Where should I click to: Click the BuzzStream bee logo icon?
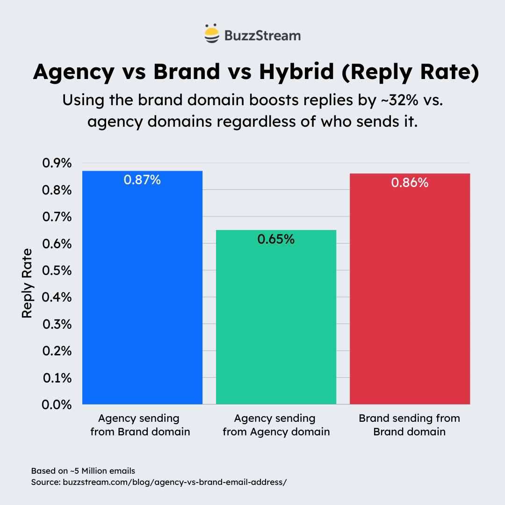coord(212,34)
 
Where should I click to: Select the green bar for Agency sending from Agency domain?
coord(276,323)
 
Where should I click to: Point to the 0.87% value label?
coord(142,180)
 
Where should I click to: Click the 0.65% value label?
coord(276,239)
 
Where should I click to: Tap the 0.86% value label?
coord(410,183)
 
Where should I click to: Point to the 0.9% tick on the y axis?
coord(57,164)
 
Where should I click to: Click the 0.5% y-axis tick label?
coord(57,271)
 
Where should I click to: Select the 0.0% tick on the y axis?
coord(57,404)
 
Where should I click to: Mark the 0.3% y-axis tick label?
coord(57,324)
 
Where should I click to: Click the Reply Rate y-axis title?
coord(27,283)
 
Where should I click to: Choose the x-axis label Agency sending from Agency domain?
coord(276,425)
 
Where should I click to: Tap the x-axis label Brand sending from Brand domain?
coord(410,425)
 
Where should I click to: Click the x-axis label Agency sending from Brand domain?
coord(140,425)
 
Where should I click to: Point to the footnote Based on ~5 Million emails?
coord(83,470)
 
